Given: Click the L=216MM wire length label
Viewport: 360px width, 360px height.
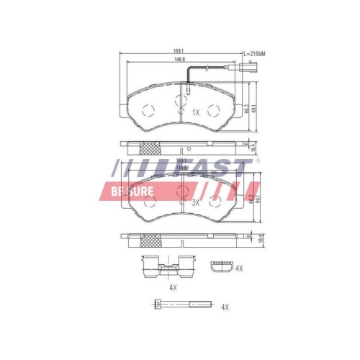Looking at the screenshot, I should (254, 54).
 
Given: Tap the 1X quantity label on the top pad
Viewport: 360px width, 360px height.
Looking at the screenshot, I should (195, 112).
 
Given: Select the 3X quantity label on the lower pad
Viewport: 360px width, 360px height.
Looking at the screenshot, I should (195, 203).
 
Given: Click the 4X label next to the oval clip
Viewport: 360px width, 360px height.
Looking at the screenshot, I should (239, 269).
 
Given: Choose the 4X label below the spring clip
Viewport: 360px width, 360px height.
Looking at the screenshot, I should (173, 287).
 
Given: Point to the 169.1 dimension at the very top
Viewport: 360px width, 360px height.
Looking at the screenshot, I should (178, 51).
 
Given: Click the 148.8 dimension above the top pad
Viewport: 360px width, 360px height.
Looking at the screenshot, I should (178, 60).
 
